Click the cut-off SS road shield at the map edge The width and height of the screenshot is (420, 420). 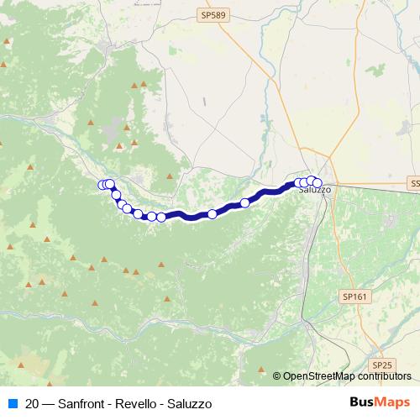coord(415,182)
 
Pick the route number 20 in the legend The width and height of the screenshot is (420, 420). coord(32,404)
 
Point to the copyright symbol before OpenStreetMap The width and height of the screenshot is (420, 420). coord(278,377)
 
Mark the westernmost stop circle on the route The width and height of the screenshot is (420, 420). coord(102,185)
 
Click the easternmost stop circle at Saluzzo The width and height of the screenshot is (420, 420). coord(318,182)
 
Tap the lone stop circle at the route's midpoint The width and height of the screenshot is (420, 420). coord(213,214)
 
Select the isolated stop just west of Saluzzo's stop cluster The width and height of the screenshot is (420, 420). coord(245,202)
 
